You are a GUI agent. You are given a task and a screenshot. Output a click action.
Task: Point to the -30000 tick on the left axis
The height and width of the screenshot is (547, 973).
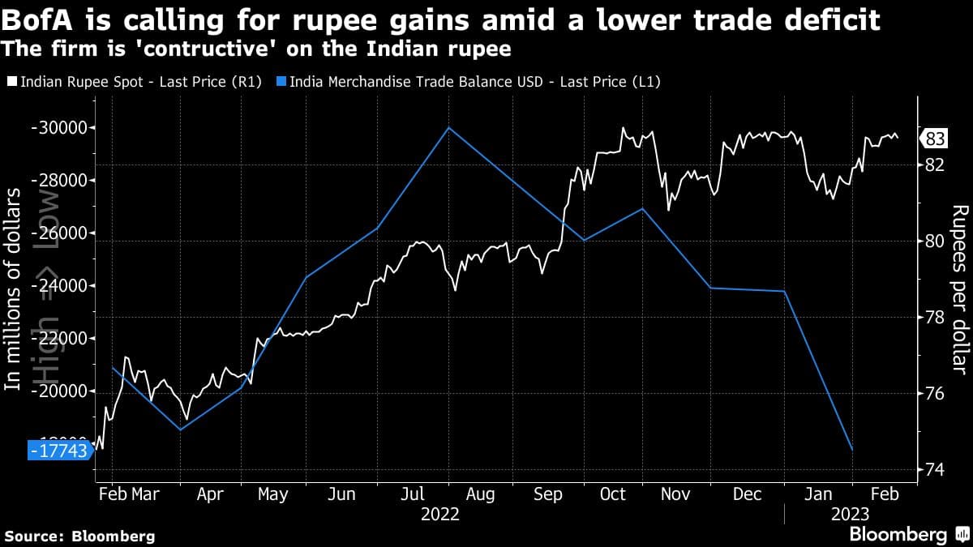(x=60, y=128)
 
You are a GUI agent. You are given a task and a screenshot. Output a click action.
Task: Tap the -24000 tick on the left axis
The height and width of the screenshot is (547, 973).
(x=60, y=286)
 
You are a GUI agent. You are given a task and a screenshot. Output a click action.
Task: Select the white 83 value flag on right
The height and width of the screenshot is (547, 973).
(x=934, y=139)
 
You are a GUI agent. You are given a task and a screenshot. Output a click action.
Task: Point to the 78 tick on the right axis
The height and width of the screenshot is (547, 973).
(x=935, y=317)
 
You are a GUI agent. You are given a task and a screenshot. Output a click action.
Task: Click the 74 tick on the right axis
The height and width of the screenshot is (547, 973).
(x=935, y=470)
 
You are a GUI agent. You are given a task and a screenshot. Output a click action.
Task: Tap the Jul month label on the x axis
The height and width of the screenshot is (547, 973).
(x=412, y=494)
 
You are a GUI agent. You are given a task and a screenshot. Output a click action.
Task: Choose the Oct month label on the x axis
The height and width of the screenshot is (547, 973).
(x=612, y=494)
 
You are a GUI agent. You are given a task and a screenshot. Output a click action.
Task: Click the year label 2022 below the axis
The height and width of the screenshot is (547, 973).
(x=439, y=515)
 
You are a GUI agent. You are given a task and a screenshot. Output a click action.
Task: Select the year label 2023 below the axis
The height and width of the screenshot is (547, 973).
(x=850, y=515)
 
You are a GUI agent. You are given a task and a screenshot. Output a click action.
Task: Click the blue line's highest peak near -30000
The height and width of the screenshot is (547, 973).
(x=449, y=127)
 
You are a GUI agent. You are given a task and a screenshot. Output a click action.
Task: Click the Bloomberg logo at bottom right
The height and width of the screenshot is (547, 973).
(x=908, y=534)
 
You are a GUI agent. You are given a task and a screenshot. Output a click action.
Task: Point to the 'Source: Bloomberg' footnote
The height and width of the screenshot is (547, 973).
(x=79, y=536)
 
